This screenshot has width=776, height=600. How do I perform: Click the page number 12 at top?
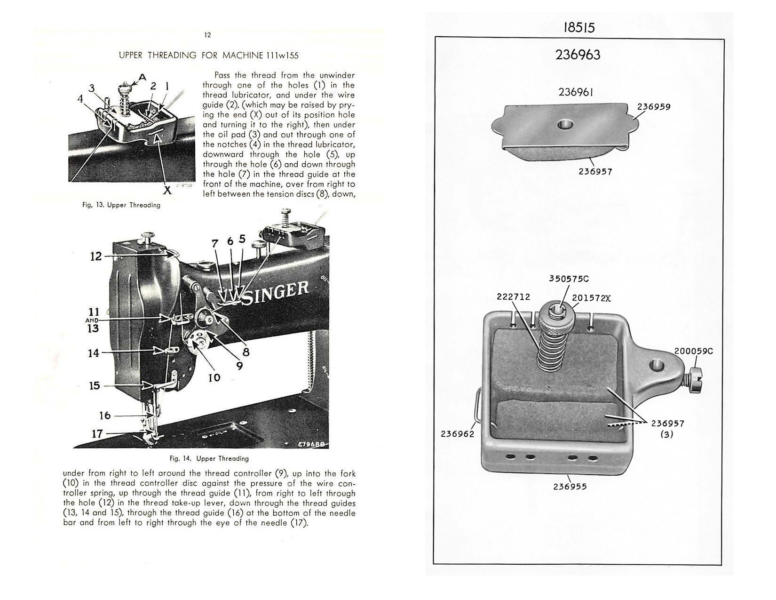(x=208, y=35)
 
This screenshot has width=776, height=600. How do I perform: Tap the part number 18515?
(x=579, y=27)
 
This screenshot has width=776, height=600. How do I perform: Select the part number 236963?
(x=578, y=55)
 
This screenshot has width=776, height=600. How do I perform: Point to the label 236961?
(x=576, y=92)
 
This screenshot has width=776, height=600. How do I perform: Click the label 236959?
(x=654, y=107)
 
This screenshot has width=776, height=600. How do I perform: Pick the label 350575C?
(x=569, y=279)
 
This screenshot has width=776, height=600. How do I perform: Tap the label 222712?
(x=513, y=297)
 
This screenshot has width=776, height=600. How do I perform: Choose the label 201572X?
(x=591, y=298)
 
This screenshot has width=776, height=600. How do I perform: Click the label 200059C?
(x=693, y=351)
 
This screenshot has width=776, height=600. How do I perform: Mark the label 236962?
(x=457, y=434)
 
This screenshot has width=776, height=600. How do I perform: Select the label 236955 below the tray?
(x=570, y=487)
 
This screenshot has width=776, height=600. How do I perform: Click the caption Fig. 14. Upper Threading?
(x=209, y=458)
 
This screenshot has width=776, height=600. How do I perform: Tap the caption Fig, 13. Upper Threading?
(x=121, y=205)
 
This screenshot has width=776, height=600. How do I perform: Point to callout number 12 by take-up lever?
(x=95, y=256)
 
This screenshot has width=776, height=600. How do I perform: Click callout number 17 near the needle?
(x=97, y=433)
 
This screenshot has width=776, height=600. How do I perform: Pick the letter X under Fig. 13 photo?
(x=167, y=191)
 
